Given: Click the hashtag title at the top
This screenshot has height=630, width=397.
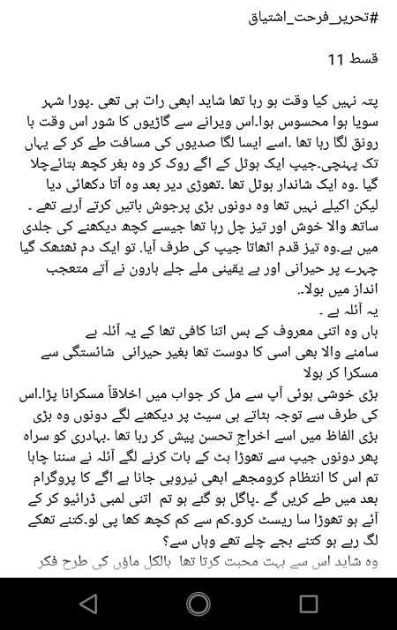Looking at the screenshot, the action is pyautogui.click(x=318, y=19).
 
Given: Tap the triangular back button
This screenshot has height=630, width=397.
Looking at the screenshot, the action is pyautogui.click(x=87, y=604).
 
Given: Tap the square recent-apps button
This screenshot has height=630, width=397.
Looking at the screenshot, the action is pyautogui.click(x=308, y=604).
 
